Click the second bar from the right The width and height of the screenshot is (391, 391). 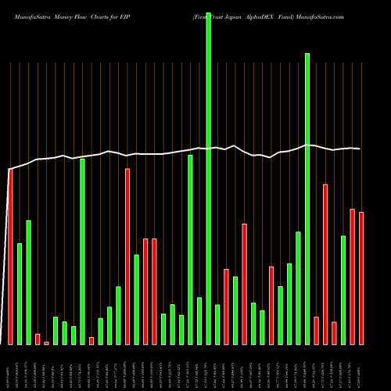(353, 277)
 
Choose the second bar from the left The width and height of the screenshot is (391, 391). (20, 294)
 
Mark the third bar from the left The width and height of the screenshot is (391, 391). (28, 282)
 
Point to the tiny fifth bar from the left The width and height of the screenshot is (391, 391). (46, 343)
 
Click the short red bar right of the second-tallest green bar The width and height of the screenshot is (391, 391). (317, 330)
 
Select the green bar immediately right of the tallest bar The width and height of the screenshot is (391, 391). (217, 325)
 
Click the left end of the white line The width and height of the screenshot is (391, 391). (9, 170)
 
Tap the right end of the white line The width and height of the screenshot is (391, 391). (361, 149)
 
